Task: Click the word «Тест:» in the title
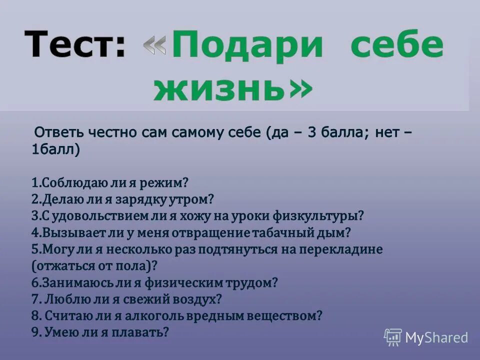coord(74,44)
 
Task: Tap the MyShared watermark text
coord(436,337)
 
